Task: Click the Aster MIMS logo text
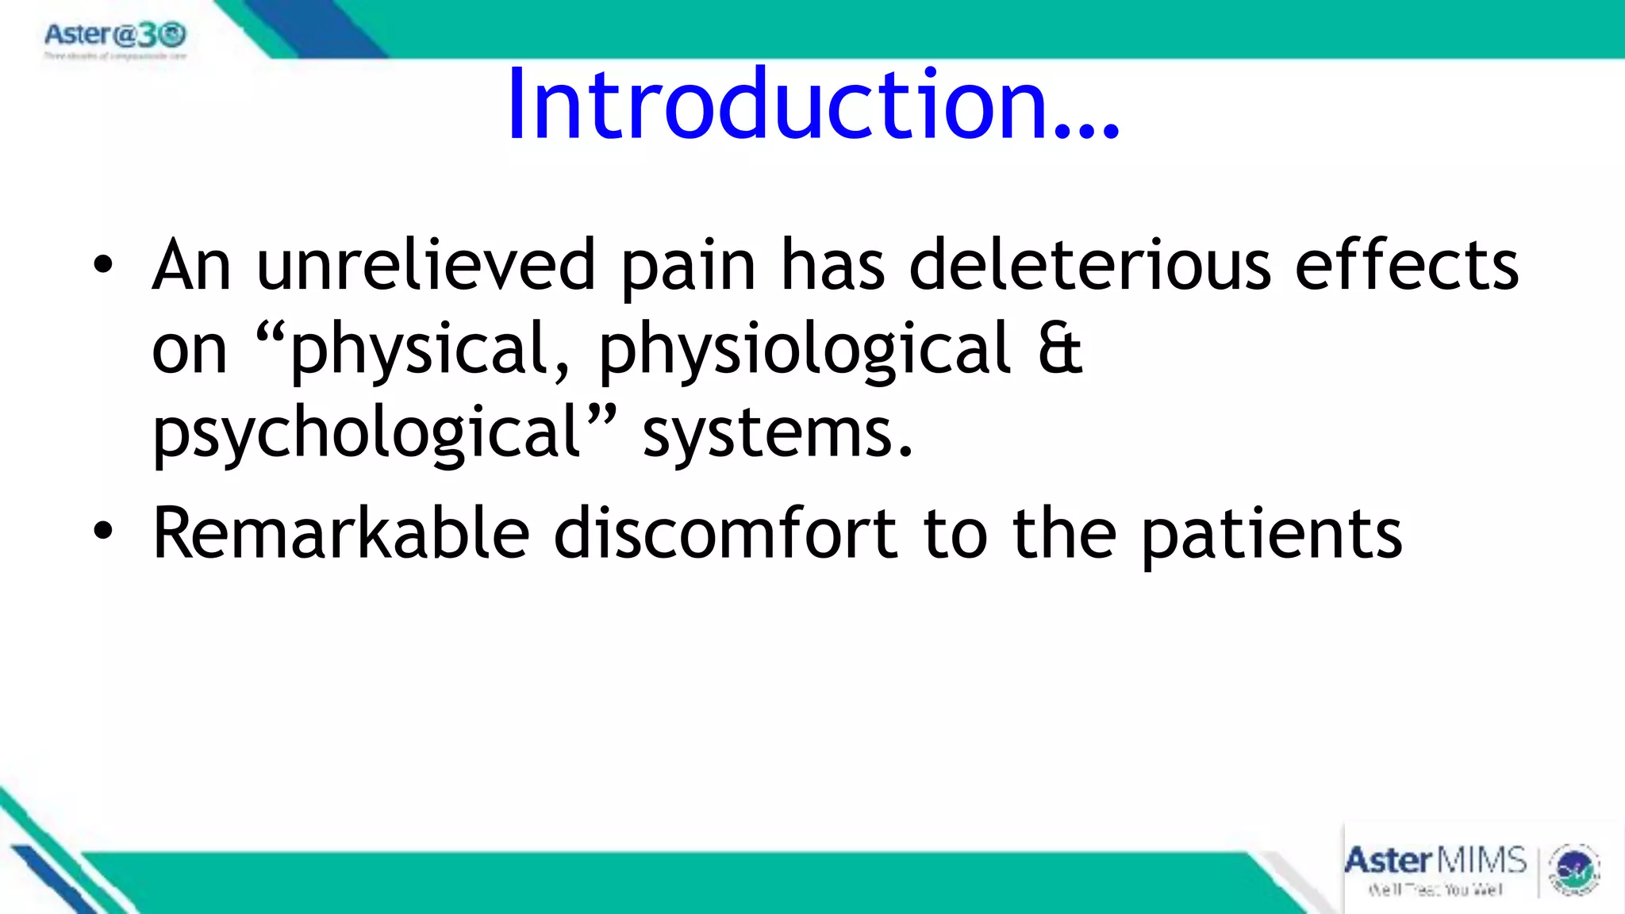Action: coord(1435,862)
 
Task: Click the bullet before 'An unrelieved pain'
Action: coord(103,266)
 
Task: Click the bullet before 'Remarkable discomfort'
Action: coord(103,532)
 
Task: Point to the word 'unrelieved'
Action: coord(425,266)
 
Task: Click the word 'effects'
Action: coord(1406,266)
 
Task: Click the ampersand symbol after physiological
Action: coord(1060,350)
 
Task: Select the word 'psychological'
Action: coord(367,434)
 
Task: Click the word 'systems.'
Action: coord(778,434)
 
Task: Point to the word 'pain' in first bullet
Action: coord(688,267)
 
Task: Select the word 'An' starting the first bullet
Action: coord(191,266)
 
